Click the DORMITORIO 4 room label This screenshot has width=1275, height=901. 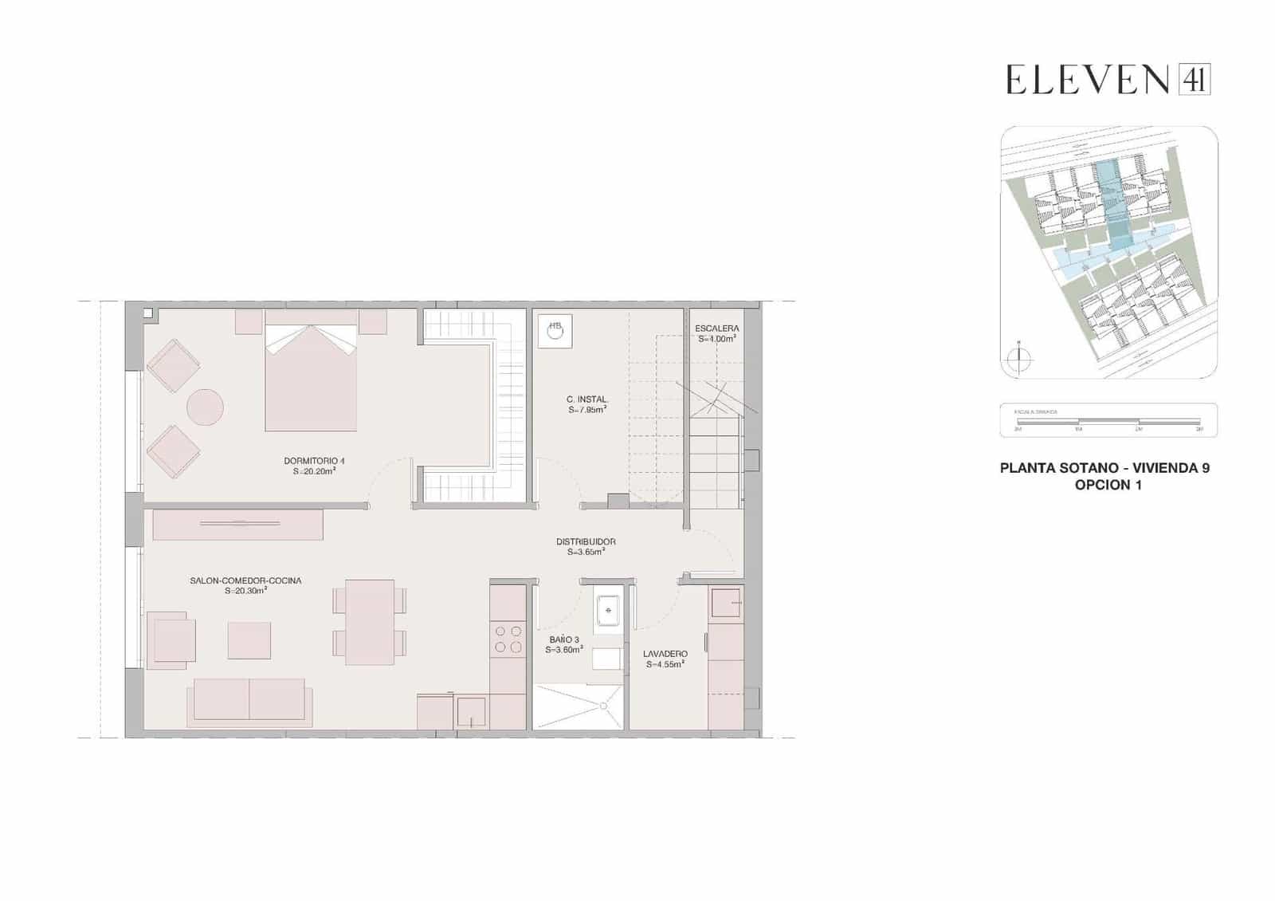click(x=314, y=461)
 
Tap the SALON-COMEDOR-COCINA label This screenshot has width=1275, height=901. click(x=245, y=580)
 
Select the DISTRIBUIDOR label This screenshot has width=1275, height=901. click(x=586, y=542)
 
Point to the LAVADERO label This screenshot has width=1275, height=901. click(x=665, y=654)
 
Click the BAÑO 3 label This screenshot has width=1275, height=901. click(x=564, y=639)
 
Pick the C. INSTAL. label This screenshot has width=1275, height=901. click(x=587, y=399)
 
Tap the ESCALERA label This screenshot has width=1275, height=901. click(x=716, y=329)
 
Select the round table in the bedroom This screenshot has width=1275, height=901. click(x=205, y=407)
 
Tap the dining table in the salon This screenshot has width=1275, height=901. click(x=370, y=622)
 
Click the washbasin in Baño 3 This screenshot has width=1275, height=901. click(x=608, y=610)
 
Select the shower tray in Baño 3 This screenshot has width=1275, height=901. click(x=578, y=706)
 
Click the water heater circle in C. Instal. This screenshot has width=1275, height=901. click(x=555, y=331)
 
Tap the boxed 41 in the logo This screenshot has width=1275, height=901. click(x=1194, y=80)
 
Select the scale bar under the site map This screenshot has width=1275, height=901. click(x=1108, y=420)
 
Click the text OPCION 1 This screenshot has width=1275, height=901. click(x=1108, y=485)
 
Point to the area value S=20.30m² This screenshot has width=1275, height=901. click(x=245, y=591)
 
